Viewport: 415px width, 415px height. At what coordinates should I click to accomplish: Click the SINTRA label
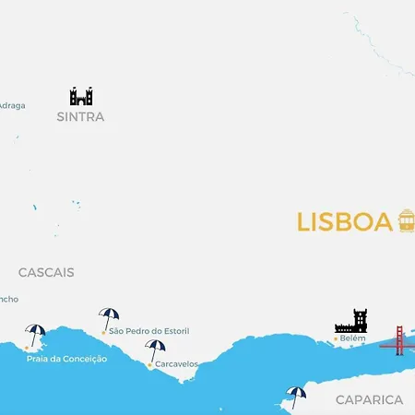(x=80, y=117)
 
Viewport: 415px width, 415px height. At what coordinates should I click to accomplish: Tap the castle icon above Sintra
(x=81, y=96)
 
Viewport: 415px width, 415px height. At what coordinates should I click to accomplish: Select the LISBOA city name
(x=345, y=222)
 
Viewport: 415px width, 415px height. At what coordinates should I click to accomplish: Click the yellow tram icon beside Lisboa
(x=407, y=220)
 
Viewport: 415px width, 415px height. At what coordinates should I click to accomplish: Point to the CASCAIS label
(x=46, y=273)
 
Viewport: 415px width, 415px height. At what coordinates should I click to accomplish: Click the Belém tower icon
(x=351, y=321)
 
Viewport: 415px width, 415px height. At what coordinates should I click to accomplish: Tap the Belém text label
(x=353, y=338)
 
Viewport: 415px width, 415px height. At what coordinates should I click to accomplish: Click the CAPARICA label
(x=369, y=399)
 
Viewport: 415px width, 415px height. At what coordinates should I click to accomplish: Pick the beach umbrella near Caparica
(x=296, y=396)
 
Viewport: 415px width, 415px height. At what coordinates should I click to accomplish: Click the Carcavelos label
(x=176, y=364)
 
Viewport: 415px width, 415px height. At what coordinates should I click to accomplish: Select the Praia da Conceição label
(x=67, y=359)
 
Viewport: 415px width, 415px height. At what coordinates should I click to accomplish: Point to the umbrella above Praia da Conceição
(x=36, y=334)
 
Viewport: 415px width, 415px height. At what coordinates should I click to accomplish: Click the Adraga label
(x=12, y=105)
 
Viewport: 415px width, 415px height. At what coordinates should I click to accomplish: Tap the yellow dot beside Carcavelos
(x=149, y=364)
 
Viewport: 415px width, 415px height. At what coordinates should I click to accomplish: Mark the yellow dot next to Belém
(x=335, y=339)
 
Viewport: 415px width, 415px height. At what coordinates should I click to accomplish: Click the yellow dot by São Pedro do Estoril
(x=103, y=331)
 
